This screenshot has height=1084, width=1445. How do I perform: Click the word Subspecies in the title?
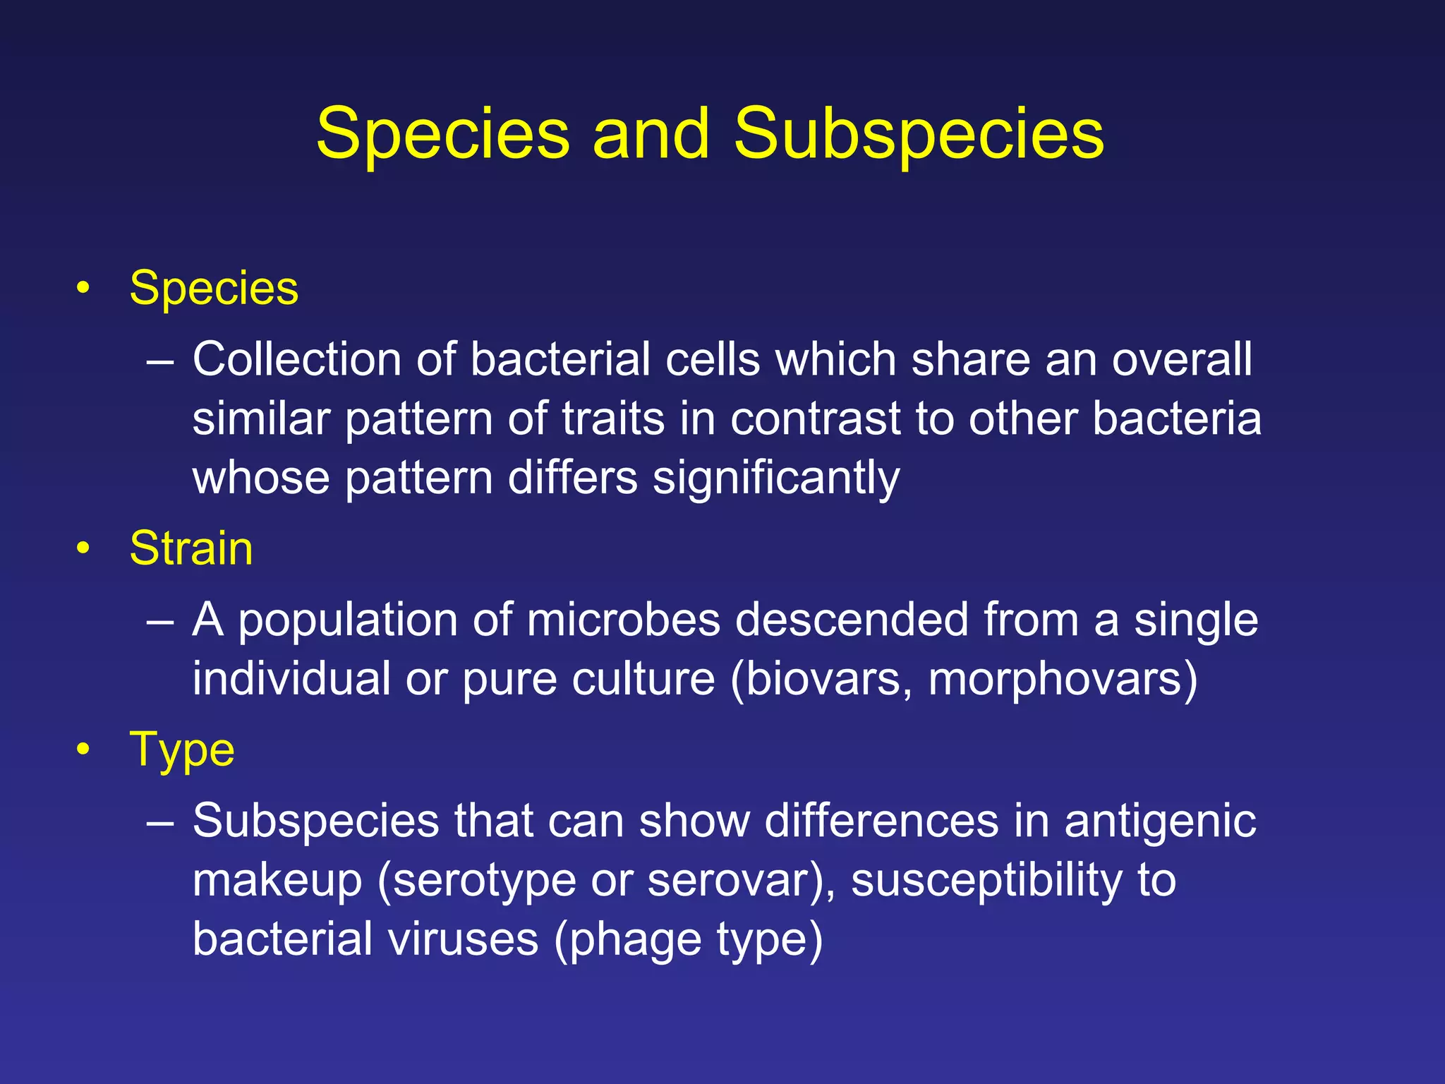click(919, 134)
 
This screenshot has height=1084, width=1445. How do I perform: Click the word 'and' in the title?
click(651, 134)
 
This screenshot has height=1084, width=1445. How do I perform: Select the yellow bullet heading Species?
click(214, 289)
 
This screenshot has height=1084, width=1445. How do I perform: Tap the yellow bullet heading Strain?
click(191, 548)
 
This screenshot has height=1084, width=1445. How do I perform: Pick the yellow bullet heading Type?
click(182, 749)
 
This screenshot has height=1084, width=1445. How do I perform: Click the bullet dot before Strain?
click(84, 548)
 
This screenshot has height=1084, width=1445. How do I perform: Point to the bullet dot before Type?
click(84, 749)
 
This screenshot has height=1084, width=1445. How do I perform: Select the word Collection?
click(297, 359)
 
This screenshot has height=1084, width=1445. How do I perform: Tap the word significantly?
click(776, 478)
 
